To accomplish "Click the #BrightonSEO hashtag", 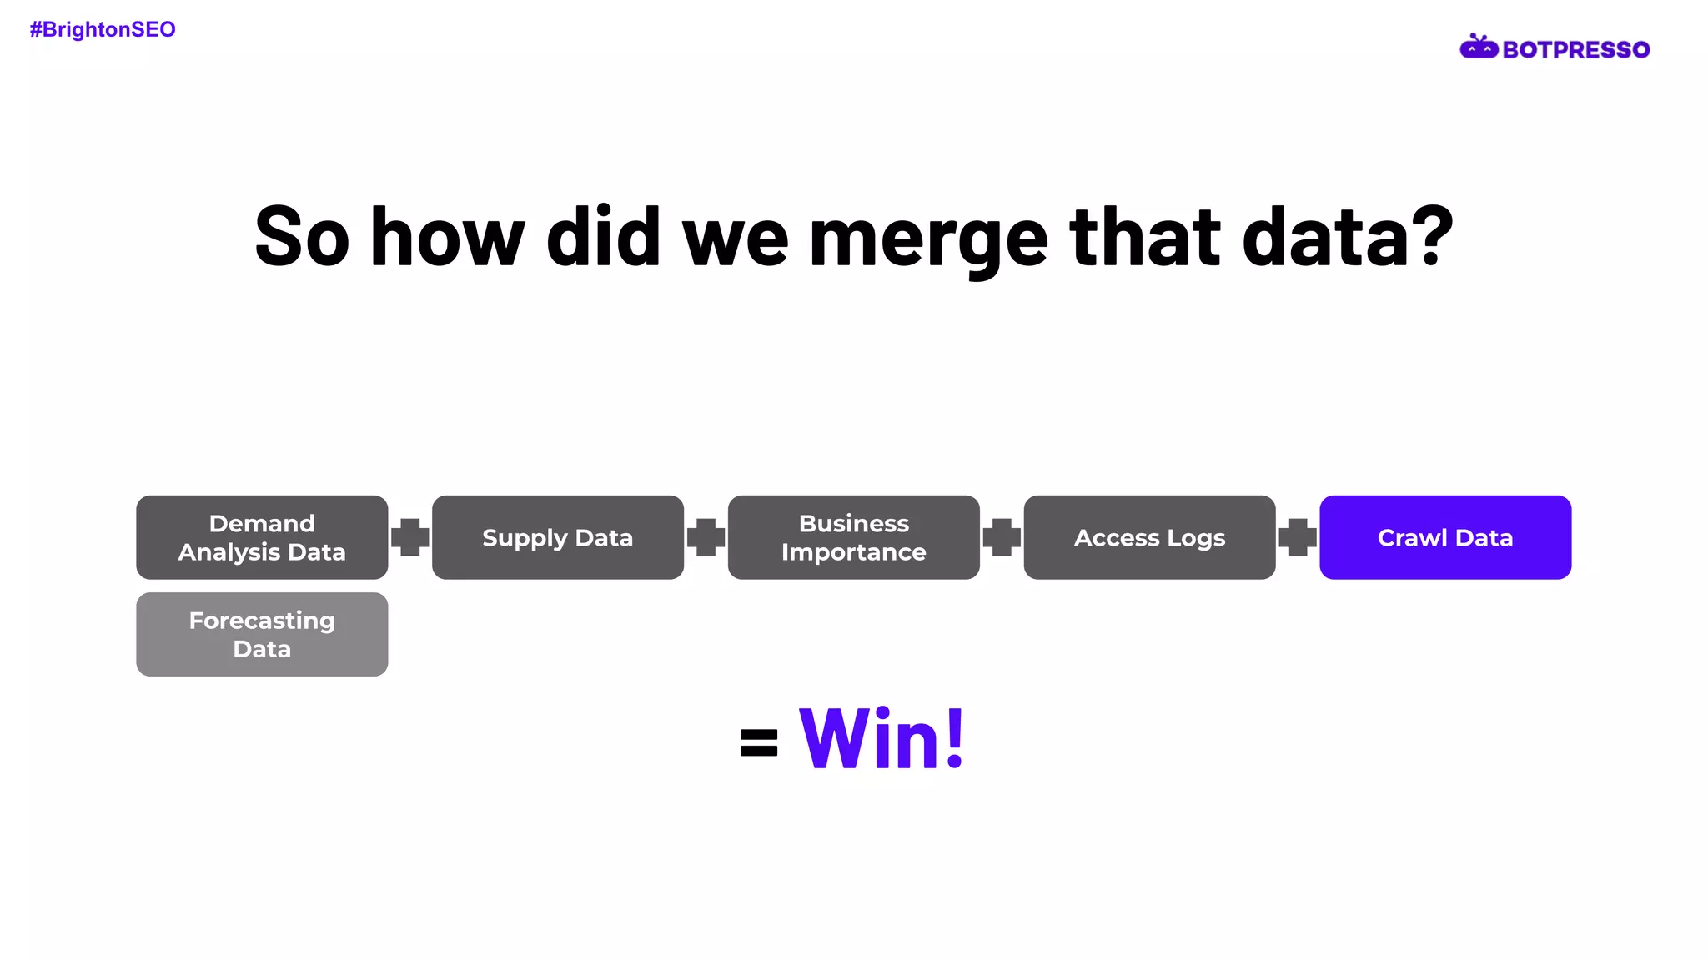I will [x=103, y=30].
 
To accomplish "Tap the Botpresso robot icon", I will [x=1479, y=48].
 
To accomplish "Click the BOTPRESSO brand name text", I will [x=1575, y=50].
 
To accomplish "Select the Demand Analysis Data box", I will [x=262, y=537].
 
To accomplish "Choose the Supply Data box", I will [x=557, y=537].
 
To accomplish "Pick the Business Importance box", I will [x=853, y=537].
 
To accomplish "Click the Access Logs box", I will [x=1149, y=537].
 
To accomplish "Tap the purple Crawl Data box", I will [x=1444, y=537].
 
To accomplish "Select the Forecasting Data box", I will [x=262, y=635].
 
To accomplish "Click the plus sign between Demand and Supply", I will [x=410, y=537].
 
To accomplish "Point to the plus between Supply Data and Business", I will [x=706, y=537].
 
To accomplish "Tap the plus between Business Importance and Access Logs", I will [x=1002, y=537].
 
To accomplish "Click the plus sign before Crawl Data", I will [x=1298, y=537].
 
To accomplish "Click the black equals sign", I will [x=759, y=742].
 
